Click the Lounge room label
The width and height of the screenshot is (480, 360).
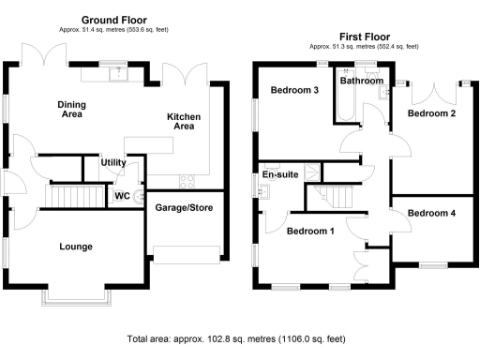(75, 247)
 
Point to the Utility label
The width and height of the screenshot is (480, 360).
(113, 163)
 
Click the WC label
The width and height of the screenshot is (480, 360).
(121, 197)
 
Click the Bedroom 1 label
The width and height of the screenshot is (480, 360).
(310, 231)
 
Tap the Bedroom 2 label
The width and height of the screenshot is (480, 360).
(432, 113)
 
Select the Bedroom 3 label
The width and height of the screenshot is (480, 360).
(294, 91)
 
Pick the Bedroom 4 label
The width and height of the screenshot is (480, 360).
(432, 214)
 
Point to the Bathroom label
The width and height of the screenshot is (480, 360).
(362, 82)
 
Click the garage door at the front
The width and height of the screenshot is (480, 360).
(187, 252)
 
